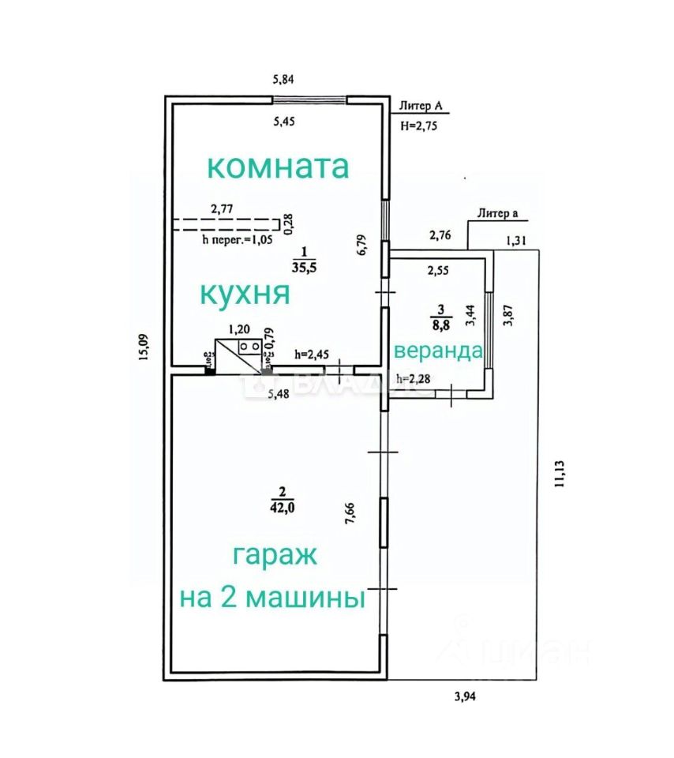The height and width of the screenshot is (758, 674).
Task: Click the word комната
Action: (278, 167)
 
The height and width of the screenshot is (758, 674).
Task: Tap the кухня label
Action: (245, 293)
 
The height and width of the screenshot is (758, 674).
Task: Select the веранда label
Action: (438, 351)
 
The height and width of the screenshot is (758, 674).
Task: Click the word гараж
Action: (275, 555)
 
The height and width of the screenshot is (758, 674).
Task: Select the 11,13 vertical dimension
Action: (559, 471)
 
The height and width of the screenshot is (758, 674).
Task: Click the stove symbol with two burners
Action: (250, 346)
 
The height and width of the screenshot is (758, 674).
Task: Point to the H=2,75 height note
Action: (418, 126)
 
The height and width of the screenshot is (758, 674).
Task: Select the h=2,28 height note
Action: (413, 380)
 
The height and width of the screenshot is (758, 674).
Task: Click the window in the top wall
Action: (309, 99)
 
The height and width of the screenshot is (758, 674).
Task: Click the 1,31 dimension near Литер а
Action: (516, 242)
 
